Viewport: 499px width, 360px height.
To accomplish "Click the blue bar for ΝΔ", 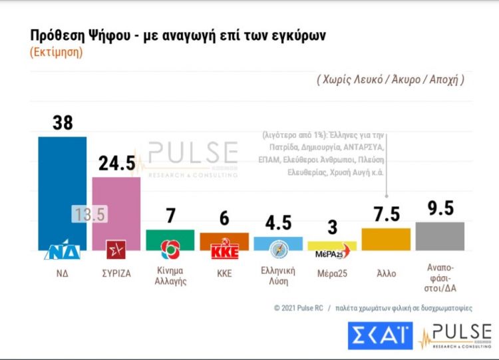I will pyautogui.click(x=62, y=186).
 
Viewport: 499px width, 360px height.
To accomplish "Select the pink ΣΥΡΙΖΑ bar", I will pyautogui.click(x=116, y=200).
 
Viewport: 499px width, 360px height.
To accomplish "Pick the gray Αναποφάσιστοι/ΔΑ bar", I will pyautogui.click(x=440, y=236).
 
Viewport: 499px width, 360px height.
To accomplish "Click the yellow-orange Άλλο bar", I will pyautogui.click(x=386, y=238).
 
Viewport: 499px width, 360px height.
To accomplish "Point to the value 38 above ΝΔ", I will pyautogui.click(x=62, y=123).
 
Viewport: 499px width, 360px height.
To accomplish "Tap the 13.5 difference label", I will pyautogui.click(x=88, y=214).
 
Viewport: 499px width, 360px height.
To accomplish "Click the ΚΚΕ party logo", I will pyautogui.click(x=224, y=252).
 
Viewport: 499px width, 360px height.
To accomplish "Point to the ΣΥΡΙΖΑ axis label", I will pyautogui.click(x=116, y=273).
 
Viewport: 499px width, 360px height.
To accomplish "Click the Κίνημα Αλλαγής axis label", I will pyautogui.click(x=170, y=276).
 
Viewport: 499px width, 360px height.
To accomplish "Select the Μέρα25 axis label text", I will pyautogui.click(x=332, y=273).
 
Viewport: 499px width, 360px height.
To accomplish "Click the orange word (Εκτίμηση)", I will pyautogui.click(x=56, y=53).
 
